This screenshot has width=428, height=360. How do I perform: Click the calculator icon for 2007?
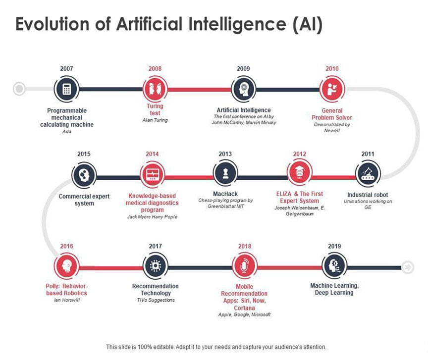pos(67,89)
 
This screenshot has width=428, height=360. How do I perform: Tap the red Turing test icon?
pos(155,89)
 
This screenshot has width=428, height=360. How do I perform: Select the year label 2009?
pos(243,69)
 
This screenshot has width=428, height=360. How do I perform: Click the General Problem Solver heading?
pos(332,114)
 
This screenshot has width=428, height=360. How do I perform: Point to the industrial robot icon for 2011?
pos(368,174)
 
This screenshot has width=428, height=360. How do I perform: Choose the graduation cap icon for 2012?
pos(299,174)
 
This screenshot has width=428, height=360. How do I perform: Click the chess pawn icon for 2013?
pos(225,174)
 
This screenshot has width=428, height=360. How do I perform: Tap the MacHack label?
pos(225,195)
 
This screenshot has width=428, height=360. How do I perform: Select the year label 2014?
pos(152,154)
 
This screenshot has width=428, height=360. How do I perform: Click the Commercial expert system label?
pos(84,200)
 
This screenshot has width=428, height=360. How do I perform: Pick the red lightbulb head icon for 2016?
pos(66,266)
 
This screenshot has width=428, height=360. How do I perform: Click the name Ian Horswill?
pos(66,300)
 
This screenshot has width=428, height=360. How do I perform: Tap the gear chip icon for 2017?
pos(155,266)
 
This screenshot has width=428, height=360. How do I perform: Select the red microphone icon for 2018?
pos(244,266)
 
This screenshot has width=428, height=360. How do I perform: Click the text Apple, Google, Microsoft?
pos(244,314)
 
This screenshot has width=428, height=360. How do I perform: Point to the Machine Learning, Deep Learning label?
pos(334,289)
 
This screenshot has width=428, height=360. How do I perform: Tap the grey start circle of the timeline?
pos(19,89)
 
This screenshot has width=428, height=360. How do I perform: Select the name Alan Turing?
pos(155,120)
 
